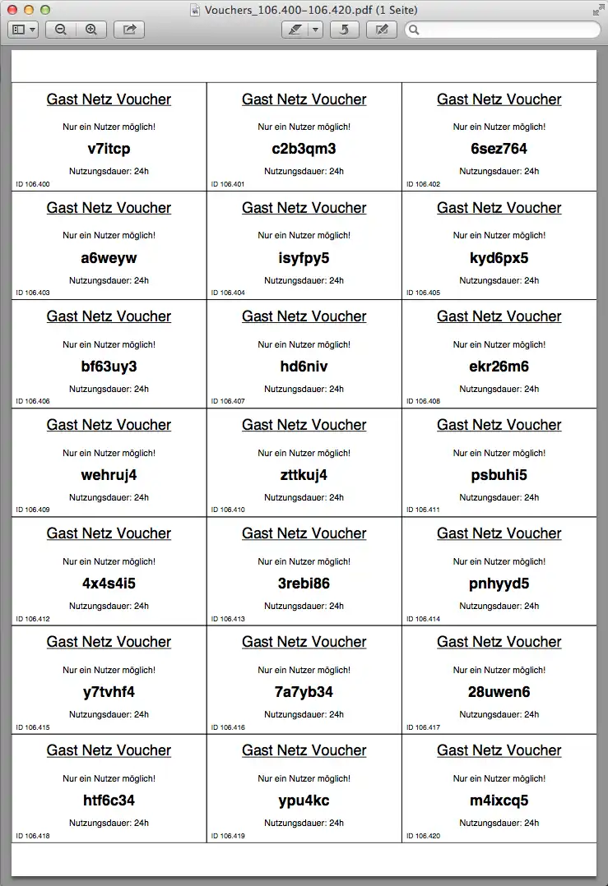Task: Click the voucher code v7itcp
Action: coord(109,149)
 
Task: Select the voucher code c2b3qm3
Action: coord(304,149)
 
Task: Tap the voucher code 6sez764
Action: coord(499,149)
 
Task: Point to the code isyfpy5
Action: coord(304,258)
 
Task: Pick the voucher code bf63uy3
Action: coord(109,367)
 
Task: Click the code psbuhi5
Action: coord(499,475)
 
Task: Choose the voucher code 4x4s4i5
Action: coord(109,584)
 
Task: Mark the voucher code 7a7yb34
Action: coord(304,692)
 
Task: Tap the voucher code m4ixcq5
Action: coord(499,801)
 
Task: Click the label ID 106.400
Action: coord(33,184)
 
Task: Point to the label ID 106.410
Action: coord(228,510)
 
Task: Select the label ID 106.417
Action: coord(423,727)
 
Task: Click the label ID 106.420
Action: coord(423,836)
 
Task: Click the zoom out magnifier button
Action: coord(61,30)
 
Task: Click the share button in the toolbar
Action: coord(129,30)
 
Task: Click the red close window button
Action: coord(12,10)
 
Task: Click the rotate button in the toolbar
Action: coord(344,30)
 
